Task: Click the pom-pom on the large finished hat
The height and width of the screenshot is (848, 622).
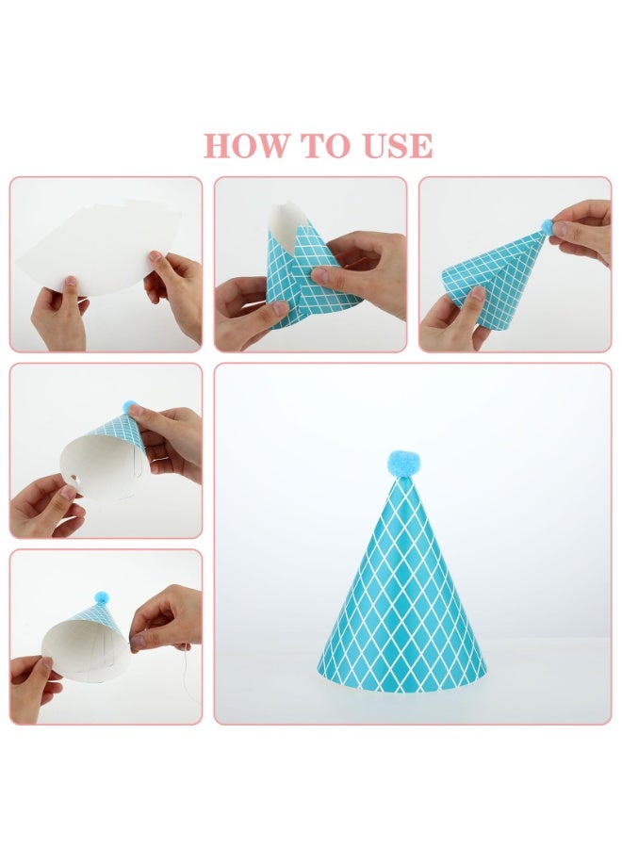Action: click(x=401, y=463)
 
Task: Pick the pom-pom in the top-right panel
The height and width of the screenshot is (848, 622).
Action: click(x=544, y=226)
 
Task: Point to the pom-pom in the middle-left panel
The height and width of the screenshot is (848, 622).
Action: click(x=130, y=406)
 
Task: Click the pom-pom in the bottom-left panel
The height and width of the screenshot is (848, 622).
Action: click(x=101, y=596)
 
